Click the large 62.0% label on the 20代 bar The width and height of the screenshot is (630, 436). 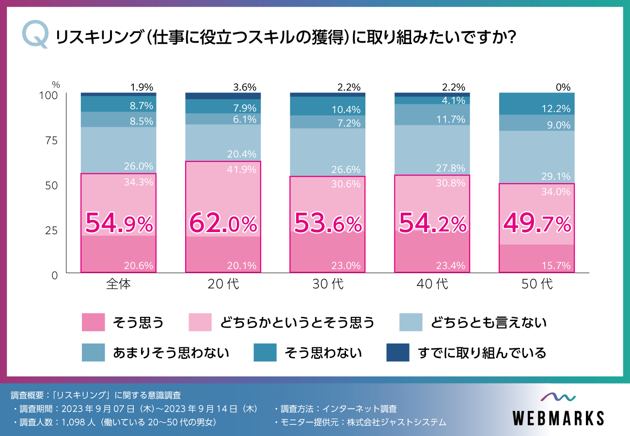pos(223,224)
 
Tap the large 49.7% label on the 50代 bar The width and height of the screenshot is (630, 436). pos(537,224)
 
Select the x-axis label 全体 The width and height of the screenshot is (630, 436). pos(118,284)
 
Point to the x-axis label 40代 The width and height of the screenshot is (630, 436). pos(432,284)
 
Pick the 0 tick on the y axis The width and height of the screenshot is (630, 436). pos(54,275)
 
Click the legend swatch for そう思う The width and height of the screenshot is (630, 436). pos(94,323)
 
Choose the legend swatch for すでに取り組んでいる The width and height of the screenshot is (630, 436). pos(398,353)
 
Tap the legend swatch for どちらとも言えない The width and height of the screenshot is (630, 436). pos(411,323)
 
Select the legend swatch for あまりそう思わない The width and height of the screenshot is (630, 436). pos(94,353)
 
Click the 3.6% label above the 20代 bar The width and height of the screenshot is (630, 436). pos(244,88)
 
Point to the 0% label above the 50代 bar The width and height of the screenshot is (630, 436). pos(563,88)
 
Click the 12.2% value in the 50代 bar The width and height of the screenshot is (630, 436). pos(556,109)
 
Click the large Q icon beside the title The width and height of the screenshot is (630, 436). pos(35,36)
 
